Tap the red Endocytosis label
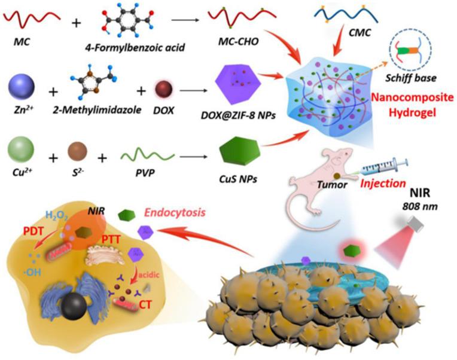coord(175,212)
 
